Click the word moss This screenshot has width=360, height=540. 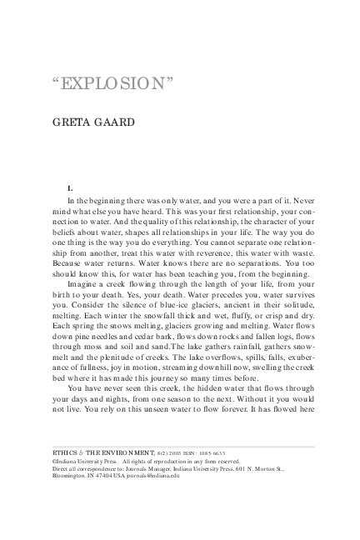(99, 355)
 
